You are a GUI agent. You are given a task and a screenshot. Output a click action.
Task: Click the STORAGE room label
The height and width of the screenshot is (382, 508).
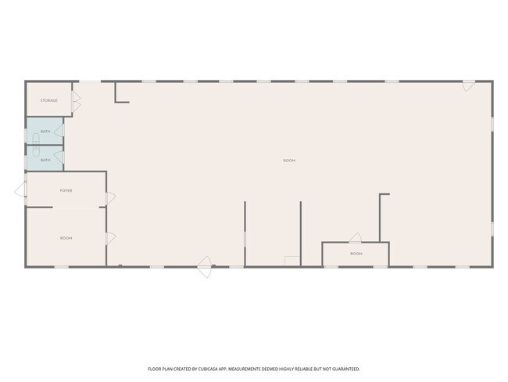point(49,101)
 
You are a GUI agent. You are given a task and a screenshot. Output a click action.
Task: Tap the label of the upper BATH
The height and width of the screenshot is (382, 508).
point(45,132)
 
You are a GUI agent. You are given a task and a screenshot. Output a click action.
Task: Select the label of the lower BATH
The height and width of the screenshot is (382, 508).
point(45,160)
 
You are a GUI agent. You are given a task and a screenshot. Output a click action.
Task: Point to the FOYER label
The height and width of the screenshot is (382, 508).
point(66,190)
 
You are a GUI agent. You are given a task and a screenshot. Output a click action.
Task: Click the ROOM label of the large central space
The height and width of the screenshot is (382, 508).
point(289,160)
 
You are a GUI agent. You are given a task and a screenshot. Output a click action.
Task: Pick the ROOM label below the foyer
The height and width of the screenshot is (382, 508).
point(66,238)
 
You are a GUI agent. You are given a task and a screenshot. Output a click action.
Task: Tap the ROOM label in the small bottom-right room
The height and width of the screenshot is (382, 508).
point(356,254)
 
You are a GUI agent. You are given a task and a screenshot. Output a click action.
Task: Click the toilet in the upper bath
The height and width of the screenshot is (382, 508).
point(36,139)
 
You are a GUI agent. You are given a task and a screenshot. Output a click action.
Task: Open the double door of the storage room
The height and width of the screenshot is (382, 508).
point(76,102)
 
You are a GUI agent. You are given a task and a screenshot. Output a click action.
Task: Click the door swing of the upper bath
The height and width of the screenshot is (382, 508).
point(59,131)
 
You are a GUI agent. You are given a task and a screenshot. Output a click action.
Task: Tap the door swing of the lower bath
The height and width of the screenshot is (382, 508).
point(59,157)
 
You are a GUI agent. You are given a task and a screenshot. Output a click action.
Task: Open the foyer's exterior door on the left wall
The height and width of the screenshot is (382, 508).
point(20,190)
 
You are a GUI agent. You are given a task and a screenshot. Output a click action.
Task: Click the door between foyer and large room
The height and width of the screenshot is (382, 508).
point(110,198)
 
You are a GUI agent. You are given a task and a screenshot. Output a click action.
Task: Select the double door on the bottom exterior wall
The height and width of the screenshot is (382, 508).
point(205,266)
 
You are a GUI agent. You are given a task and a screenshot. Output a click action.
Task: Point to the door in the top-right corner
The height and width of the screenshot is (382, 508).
point(468,85)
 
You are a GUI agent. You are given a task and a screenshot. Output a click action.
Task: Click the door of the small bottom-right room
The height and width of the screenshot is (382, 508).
point(356,237)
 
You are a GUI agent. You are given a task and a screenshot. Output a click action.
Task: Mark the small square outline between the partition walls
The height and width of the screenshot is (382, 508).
point(292,261)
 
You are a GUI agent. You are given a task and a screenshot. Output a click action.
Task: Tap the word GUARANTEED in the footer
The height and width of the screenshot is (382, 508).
point(348,369)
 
